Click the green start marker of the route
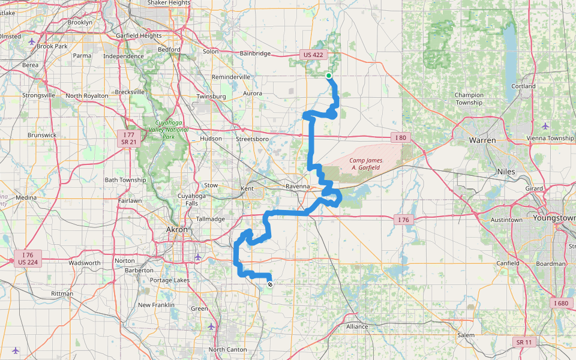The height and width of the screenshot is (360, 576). point(329,76)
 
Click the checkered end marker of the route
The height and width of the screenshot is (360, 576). point(270,284)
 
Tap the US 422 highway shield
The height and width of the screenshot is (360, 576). point(313,55)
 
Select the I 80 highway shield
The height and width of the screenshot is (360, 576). point(401,137)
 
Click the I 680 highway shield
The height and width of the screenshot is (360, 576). point(562,303)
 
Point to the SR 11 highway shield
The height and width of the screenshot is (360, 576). point(523,342)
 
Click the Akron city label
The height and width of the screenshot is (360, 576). point(177,230)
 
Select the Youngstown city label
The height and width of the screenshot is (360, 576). point(557,218)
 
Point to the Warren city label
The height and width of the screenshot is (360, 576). point(482,140)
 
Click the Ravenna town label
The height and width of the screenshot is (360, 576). point(298,187)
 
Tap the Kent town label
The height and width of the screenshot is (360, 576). point(247,189)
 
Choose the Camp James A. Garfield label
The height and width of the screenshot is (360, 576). point(365,164)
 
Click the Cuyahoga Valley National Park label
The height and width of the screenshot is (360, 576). point(165,132)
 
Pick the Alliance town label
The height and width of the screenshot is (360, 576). point(357,326)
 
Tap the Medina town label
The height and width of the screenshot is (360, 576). point(26,197)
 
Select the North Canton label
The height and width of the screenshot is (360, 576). point(227,350)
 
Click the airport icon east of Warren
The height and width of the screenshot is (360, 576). point(545,126)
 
